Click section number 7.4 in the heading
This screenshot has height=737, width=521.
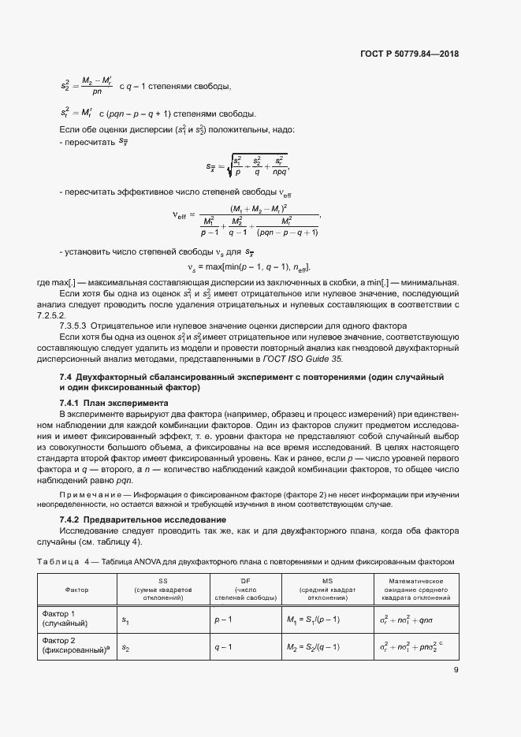tap(67, 378)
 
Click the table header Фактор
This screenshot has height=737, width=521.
tap(77, 589)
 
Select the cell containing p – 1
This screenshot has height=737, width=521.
tap(222, 620)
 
